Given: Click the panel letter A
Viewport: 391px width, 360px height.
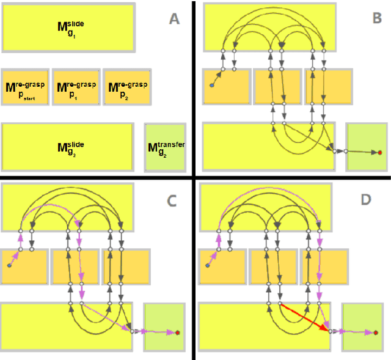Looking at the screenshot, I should [x=174, y=19].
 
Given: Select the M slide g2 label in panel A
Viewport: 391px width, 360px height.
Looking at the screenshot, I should [x=70, y=147].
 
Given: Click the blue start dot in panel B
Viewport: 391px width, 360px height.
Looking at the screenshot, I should [x=211, y=86].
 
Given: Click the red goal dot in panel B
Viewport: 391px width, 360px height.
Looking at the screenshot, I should [x=379, y=152].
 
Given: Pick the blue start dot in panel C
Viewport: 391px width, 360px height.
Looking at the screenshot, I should [x=9, y=266].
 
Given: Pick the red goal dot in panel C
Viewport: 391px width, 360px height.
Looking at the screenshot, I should [x=177, y=332].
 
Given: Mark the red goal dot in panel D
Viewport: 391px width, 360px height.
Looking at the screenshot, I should [x=376, y=333].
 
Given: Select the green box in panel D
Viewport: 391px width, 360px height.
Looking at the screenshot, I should [x=362, y=327].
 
